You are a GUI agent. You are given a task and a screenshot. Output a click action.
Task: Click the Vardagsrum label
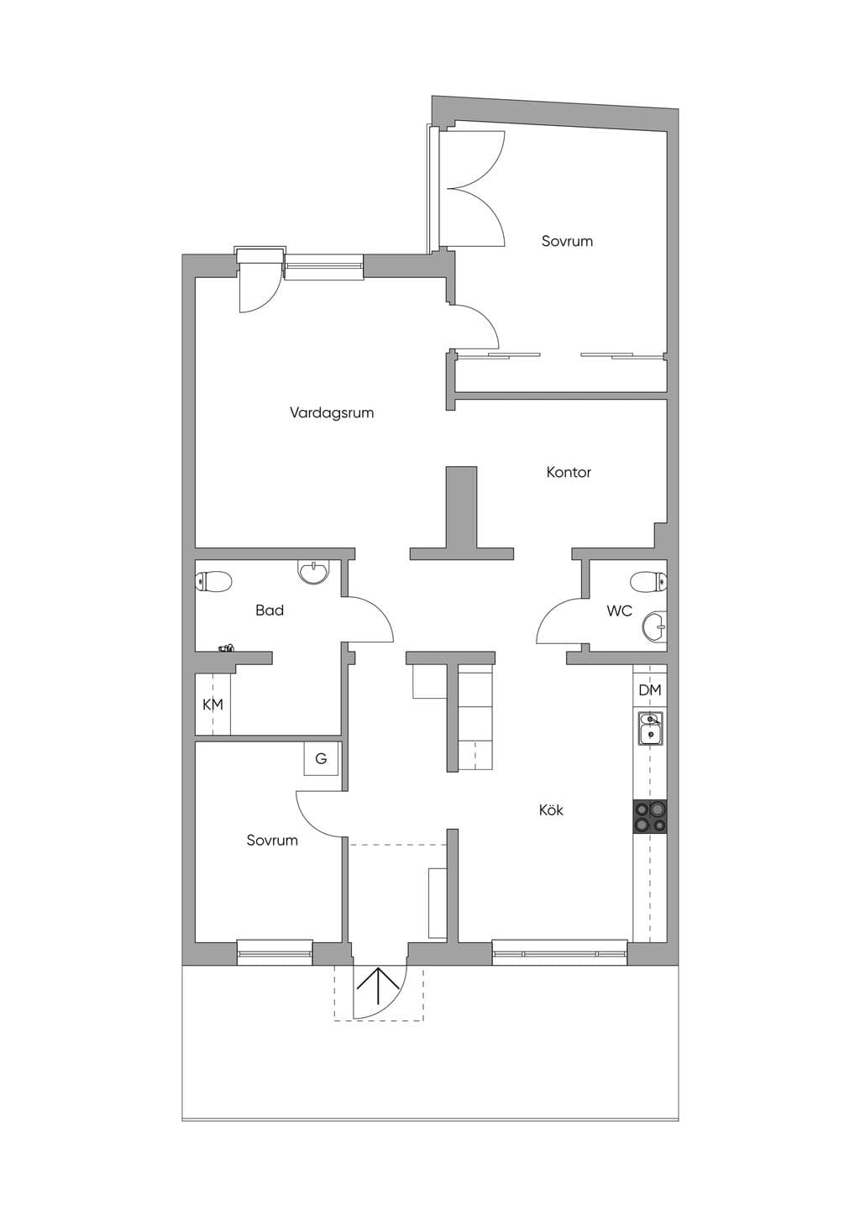click(x=331, y=412)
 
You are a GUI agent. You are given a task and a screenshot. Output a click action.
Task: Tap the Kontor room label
click(x=569, y=472)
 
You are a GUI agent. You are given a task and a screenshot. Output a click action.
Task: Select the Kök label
click(x=551, y=810)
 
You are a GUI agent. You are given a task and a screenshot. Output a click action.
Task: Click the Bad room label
click(x=270, y=611)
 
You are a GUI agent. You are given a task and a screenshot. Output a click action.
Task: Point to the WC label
click(x=620, y=611)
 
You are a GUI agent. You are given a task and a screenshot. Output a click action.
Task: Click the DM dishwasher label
click(x=650, y=690)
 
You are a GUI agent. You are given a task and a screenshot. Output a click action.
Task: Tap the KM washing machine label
click(x=212, y=705)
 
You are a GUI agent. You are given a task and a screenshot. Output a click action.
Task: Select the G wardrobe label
click(x=321, y=758)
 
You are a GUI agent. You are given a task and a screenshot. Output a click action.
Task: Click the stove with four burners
click(x=650, y=816)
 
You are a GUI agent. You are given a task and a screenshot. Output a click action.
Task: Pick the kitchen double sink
click(x=650, y=729)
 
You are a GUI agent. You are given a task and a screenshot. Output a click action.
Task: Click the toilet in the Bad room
click(x=213, y=581)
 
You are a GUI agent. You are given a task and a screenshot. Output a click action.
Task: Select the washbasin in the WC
click(x=655, y=627)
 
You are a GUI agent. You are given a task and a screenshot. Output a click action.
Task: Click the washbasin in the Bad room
click(x=313, y=572)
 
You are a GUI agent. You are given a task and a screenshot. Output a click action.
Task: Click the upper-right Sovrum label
click(x=567, y=241)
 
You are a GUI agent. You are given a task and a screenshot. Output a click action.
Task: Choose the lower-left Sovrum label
click(x=272, y=841)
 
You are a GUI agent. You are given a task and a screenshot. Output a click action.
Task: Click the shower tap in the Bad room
click(x=227, y=647)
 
